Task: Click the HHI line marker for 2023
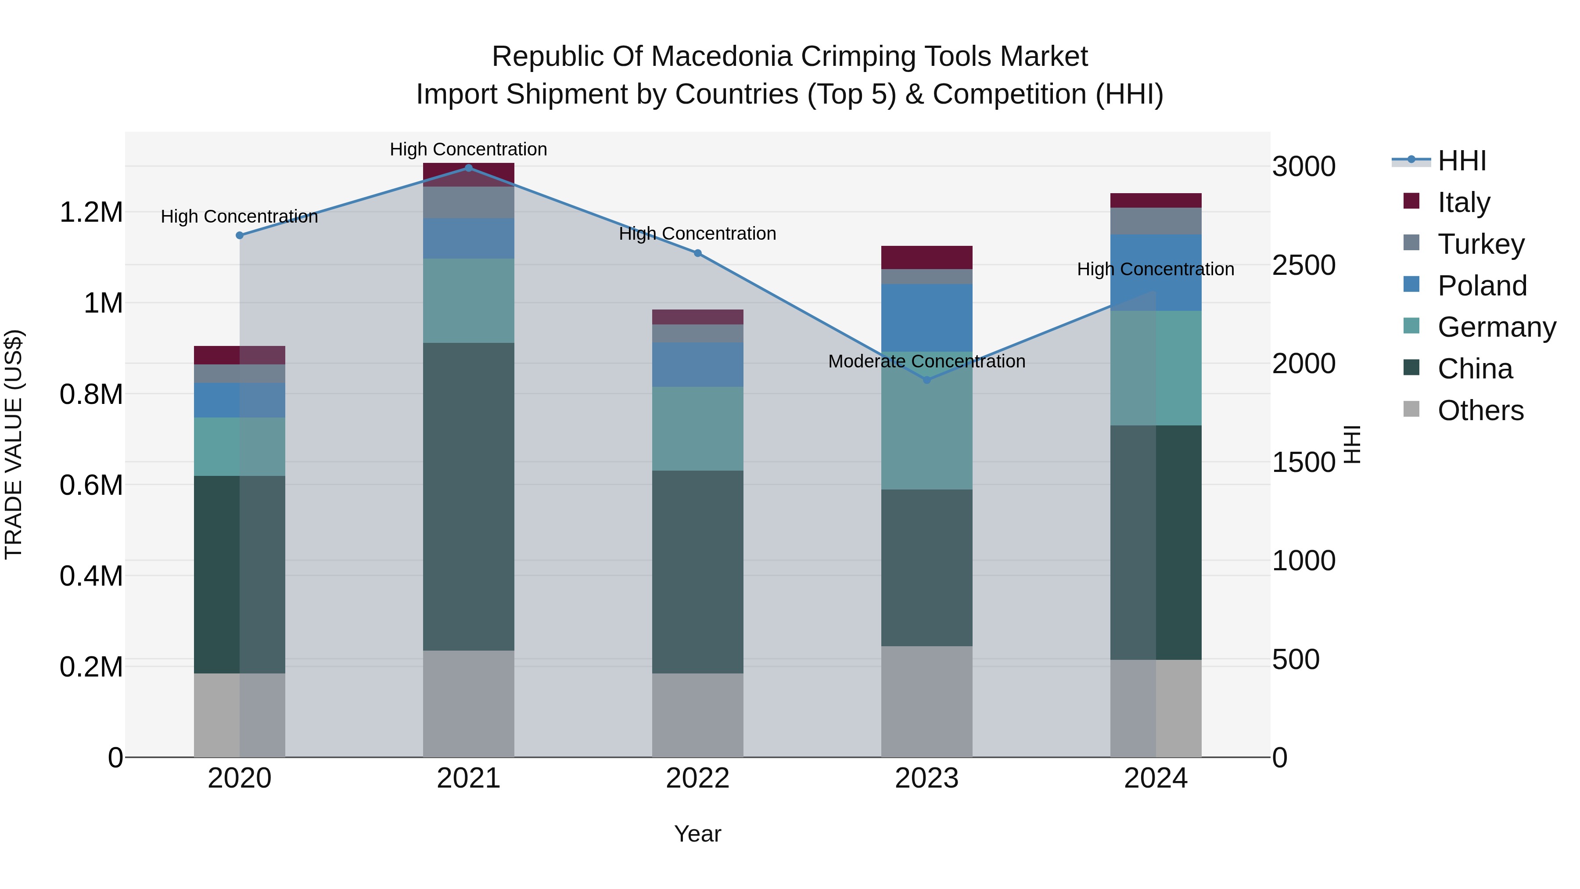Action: [x=927, y=380]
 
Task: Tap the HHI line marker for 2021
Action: [x=469, y=168]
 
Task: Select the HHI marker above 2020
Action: [x=240, y=235]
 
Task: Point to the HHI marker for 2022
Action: [x=697, y=253]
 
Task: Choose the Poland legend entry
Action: [x=1482, y=286]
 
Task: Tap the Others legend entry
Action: [x=1480, y=410]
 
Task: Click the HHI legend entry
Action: [x=1461, y=161]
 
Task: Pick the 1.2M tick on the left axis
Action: [x=91, y=212]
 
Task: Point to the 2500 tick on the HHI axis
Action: [x=1303, y=265]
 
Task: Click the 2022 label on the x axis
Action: [x=697, y=778]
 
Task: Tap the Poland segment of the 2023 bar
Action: [x=927, y=317]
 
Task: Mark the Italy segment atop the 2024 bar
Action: [x=1156, y=200]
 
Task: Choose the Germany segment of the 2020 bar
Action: [x=240, y=446]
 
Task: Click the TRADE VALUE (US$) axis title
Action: [x=14, y=444]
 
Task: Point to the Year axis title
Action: [x=697, y=834]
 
